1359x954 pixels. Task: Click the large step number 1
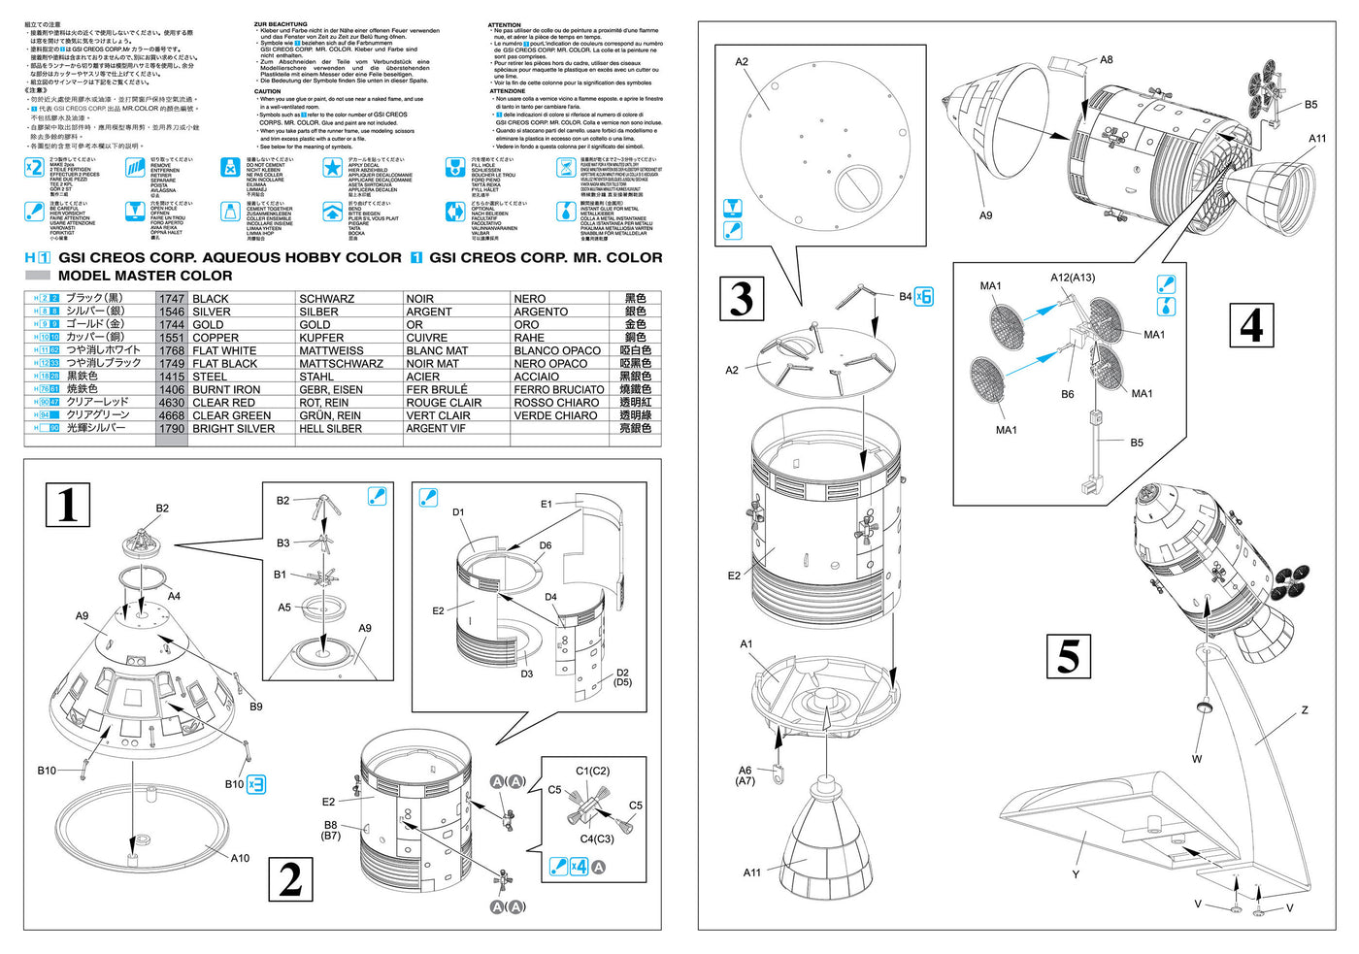click(x=68, y=505)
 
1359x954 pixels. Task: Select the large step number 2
click(x=290, y=880)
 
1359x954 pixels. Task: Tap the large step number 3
click(x=742, y=299)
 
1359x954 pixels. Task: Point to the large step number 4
click(x=1252, y=325)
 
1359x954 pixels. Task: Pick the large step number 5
click(x=1068, y=657)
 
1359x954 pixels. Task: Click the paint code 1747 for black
click(x=172, y=299)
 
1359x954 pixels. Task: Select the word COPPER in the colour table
click(x=215, y=338)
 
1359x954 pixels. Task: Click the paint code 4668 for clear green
click(x=172, y=415)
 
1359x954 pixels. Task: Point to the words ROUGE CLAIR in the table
click(x=444, y=403)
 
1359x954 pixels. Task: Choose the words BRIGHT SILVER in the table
click(x=233, y=428)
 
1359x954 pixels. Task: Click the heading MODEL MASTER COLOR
click(x=146, y=276)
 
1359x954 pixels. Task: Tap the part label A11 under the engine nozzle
click(x=752, y=872)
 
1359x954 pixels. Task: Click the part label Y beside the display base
click(x=1076, y=874)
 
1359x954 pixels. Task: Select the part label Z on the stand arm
click(x=1304, y=710)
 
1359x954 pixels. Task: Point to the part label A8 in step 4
click(x=1107, y=60)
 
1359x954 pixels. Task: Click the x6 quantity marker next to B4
click(x=924, y=297)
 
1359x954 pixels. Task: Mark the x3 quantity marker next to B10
click(x=256, y=784)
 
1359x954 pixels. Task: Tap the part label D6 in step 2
click(x=546, y=545)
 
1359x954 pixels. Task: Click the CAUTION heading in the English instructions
click(x=268, y=91)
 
